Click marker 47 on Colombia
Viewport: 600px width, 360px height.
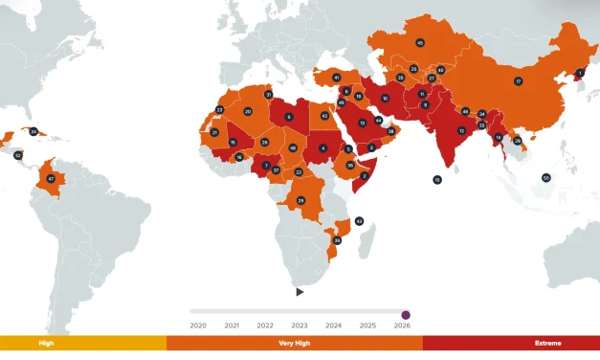pyautogui.click(x=51, y=179)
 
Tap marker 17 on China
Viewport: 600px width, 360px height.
pyautogui.click(x=518, y=81)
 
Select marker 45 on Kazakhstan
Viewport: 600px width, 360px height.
pyautogui.click(x=420, y=43)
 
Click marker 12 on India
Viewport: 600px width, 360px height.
pyautogui.click(x=461, y=130)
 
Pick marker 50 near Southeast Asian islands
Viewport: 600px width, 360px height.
pyautogui.click(x=545, y=177)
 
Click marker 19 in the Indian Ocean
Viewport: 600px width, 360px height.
pyautogui.click(x=437, y=179)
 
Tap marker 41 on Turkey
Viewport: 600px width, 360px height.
pyautogui.click(x=336, y=77)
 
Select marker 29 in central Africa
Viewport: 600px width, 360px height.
pyautogui.click(x=300, y=200)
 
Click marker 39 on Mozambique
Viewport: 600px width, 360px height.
pyautogui.click(x=337, y=240)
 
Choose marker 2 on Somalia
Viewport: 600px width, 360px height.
pyautogui.click(x=365, y=176)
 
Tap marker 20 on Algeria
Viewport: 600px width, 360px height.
pyautogui.click(x=248, y=112)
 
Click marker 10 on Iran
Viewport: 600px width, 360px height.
pyautogui.click(x=386, y=99)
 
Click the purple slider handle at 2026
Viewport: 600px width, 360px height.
pyautogui.click(x=406, y=313)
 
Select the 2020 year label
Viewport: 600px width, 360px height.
pyautogui.click(x=198, y=326)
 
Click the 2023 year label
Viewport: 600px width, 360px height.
pyautogui.click(x=300, y=326)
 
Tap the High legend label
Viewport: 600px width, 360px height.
pyautogui.click(x=46, y=343)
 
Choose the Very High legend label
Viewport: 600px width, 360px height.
pyautogui.click(x=294, y=343)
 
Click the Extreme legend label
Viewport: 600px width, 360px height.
pyautogui.click(x=548, y=343)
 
